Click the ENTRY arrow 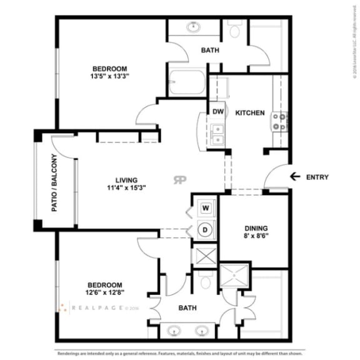295,177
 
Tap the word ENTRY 317,177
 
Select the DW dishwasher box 217,112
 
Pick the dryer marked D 205,229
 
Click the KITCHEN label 250,113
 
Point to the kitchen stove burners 280,121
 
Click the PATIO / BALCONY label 54,182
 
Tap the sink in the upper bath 193,28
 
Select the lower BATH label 187,307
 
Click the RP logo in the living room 180,180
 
